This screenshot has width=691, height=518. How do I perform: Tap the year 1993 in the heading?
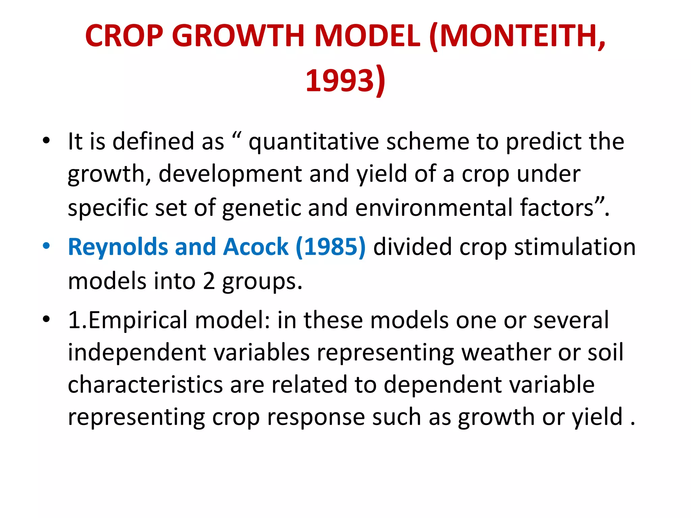click(340, 80)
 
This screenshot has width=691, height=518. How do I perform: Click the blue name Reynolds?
click(118, 247)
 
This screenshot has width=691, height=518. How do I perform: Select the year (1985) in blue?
click(330, 247)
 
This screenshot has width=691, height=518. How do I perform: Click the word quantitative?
click(313, 142)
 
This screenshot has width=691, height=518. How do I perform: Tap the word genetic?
click(261, 207)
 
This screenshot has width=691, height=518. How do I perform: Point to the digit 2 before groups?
click(209, 281)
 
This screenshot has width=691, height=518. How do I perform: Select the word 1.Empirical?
click(128, 320)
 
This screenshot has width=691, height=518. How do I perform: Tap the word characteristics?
click(145, 385)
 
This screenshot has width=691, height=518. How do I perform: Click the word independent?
click(137, 352)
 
